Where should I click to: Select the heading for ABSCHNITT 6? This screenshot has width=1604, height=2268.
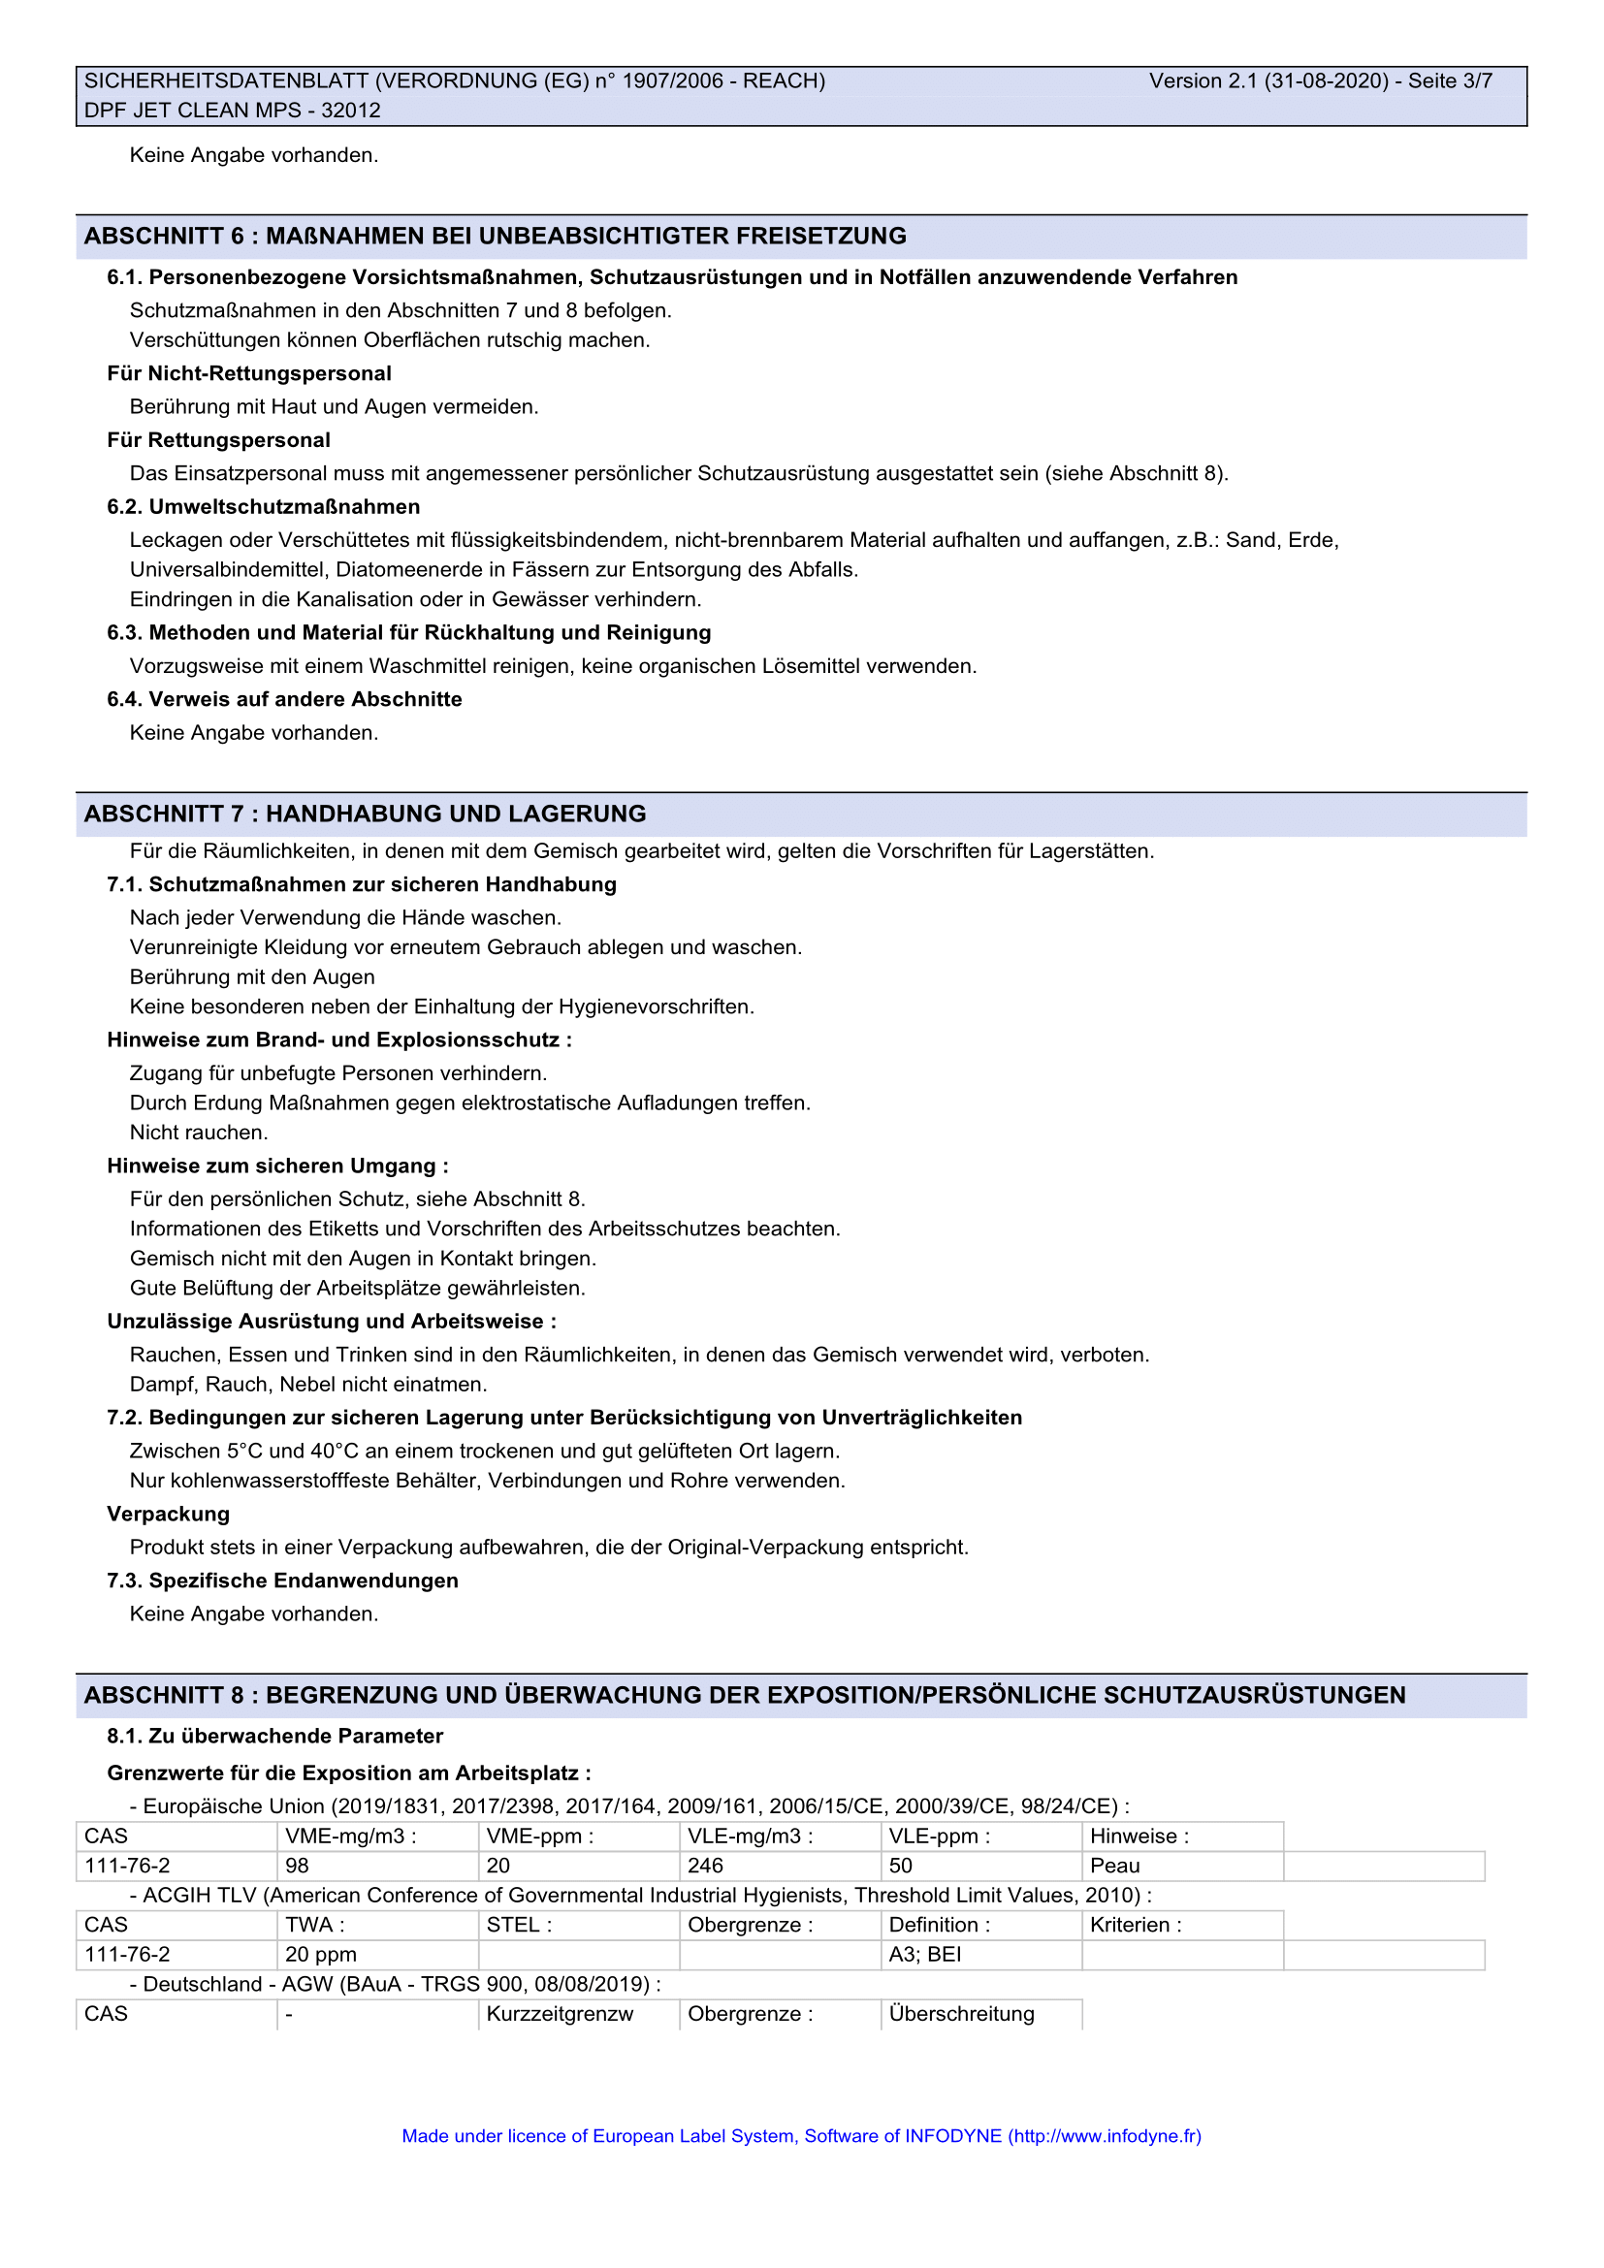495,236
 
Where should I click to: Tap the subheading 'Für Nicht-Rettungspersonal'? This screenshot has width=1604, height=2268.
249,373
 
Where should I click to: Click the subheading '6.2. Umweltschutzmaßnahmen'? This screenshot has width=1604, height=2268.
264,507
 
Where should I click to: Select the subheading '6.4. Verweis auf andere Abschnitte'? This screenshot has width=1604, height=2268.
284,699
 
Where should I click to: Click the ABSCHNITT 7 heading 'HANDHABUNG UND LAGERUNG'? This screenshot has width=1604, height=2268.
456,814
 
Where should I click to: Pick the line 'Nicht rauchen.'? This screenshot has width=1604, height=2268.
199,1133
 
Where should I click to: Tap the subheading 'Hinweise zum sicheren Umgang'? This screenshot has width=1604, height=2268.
277,1166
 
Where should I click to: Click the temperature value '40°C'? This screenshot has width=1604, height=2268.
335,1452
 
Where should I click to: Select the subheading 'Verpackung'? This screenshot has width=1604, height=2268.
168,1515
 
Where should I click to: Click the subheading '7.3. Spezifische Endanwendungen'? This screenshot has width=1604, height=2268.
282,1581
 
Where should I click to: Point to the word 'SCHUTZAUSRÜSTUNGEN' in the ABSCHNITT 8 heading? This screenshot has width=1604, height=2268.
1254,1695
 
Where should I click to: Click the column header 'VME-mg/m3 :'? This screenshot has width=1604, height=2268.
351,1837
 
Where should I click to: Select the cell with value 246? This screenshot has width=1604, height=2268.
705,1866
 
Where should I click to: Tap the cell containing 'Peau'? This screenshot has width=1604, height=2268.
1115,1866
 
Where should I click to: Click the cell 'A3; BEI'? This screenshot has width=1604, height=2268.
924,1955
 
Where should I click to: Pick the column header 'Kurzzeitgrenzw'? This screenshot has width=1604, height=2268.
559,2014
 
